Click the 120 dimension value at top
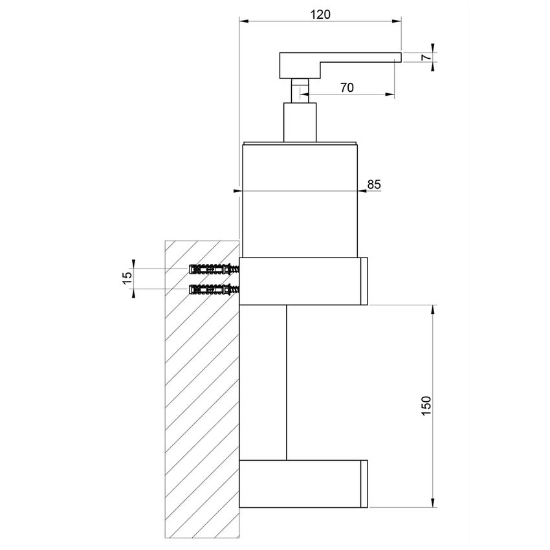[x=320, y=14]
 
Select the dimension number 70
[x=346, y=89]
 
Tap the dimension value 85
[x=374, y=184]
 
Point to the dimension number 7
[x=426, y=57]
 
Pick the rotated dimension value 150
[x=425, y=406]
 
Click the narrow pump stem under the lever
[x=299, y=90]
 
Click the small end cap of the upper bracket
[x=364, y=281]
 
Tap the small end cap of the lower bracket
[x=364, y=483]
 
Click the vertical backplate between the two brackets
[x=263, y=382]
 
